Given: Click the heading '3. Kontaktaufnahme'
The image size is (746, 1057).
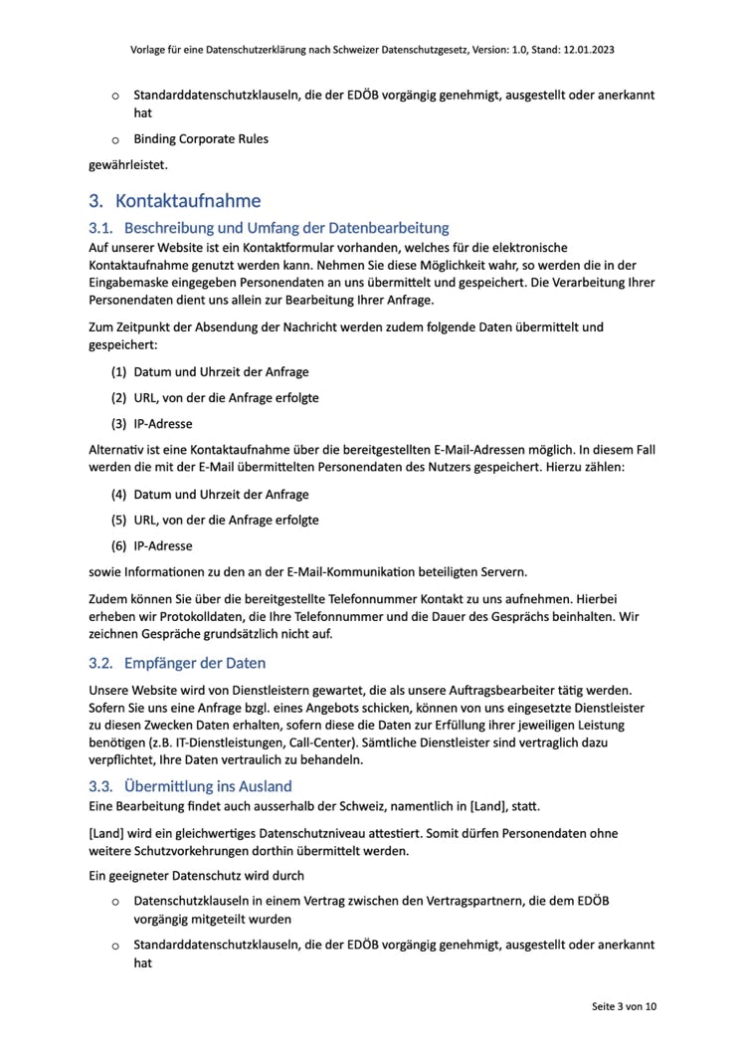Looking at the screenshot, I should (x=174, y=201).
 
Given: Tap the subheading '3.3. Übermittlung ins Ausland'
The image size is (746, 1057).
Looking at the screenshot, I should (x=190, y=786).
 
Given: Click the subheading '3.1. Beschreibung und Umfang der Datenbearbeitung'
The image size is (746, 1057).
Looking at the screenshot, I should (x=269, y=228).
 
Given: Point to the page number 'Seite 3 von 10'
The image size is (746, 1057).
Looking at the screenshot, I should (x=624, y=1006).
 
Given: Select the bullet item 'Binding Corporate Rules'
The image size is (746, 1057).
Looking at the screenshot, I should (x=201, y=138).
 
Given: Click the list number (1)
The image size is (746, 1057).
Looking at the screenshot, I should (x=118, y=372).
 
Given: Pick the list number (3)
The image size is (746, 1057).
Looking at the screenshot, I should (x=118, y=424).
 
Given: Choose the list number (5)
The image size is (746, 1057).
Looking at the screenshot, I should (x=118, y=520).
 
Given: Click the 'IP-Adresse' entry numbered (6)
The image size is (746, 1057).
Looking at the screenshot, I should (x=163, y=545).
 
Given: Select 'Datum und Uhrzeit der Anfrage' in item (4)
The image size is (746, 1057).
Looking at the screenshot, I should (x=221, y=494).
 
